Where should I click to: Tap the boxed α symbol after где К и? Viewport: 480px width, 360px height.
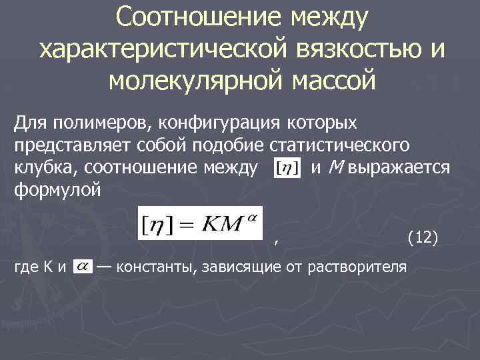(83, 266)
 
